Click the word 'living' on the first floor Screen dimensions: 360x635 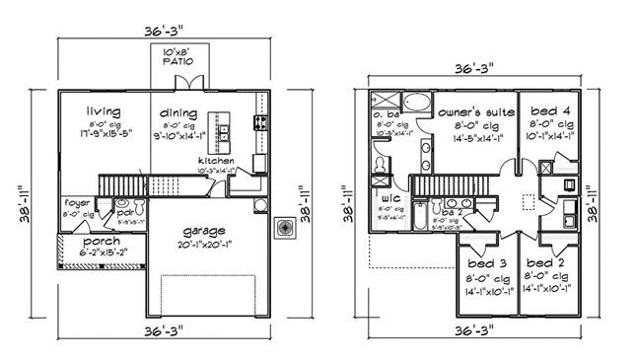[x=103, y=111]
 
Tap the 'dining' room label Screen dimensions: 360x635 [x=178, y=113]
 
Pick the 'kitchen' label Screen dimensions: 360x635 [x=216, y=160]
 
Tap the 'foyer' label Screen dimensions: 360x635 [x=77, y=203]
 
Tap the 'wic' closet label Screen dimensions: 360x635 [x=388, y=197]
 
